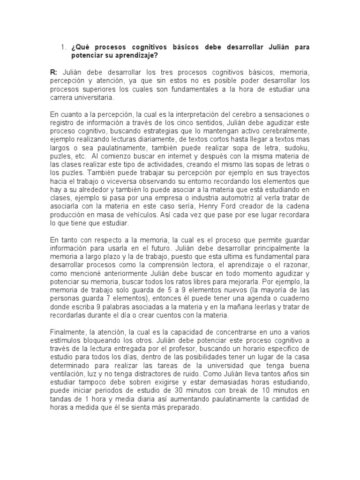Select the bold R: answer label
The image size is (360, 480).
pyautogui.click(x=53, y=73)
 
